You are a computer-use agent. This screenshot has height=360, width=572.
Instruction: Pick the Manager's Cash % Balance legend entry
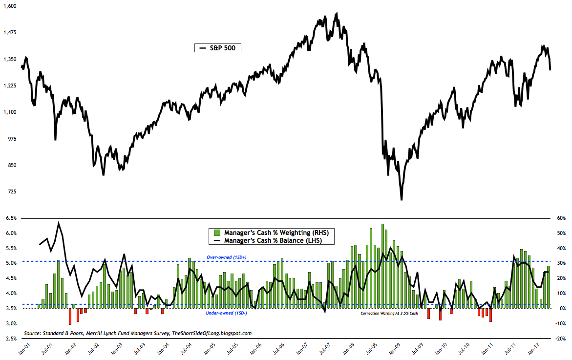click(x=272, y=240)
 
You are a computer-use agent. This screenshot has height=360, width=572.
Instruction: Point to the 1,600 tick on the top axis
click(x=9, y=6)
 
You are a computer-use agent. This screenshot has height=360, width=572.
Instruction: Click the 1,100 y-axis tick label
click(x=9, y=112)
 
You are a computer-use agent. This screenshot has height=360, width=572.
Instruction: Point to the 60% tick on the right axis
click(x=560, y=218)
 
